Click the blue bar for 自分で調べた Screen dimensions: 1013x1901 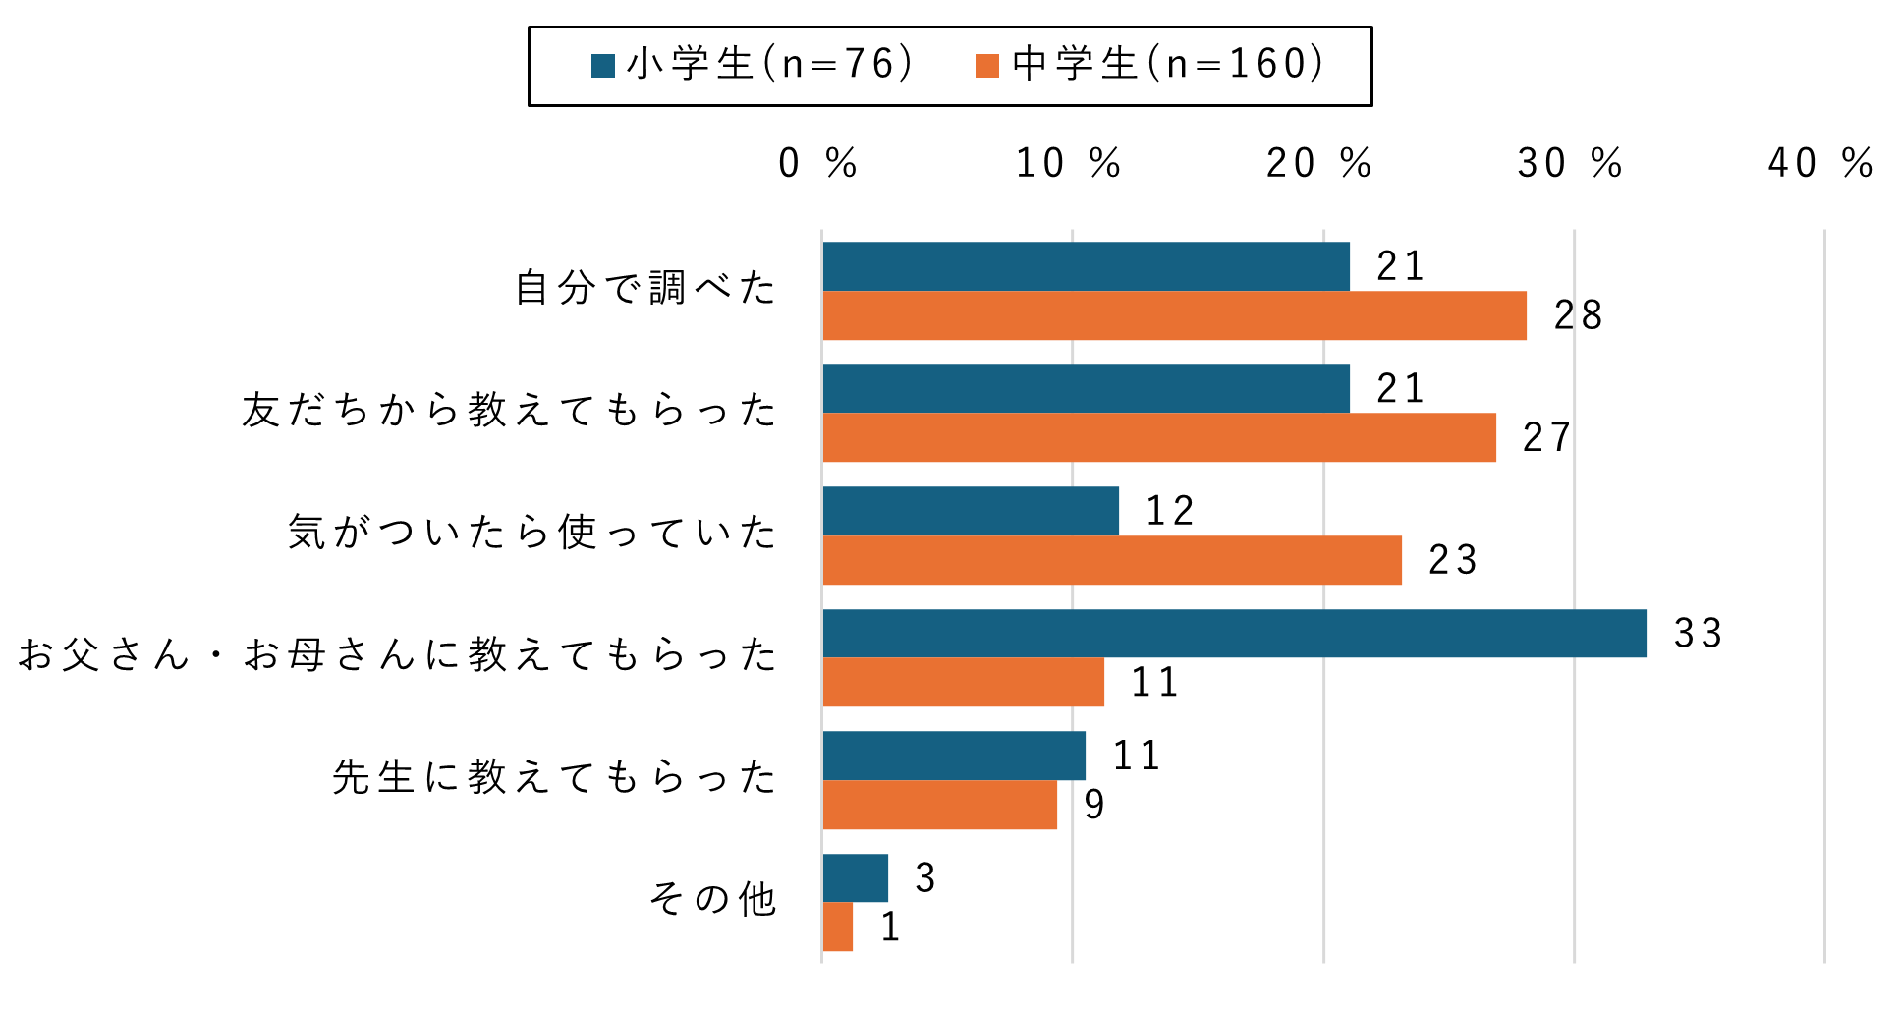point(1086,266)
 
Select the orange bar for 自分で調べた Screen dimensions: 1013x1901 point(1174,315)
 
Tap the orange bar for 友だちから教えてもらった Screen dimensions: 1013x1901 point(1159,437)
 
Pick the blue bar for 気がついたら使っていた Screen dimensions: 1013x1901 point(971,511)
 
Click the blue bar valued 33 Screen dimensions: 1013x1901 point(1234,634)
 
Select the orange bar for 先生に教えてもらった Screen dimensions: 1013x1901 point(939,805)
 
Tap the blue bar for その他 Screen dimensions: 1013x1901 point(855,877)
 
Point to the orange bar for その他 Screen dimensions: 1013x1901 point(837,927)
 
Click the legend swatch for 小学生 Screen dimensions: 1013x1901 point(602,66)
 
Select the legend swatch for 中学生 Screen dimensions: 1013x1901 point(987,66)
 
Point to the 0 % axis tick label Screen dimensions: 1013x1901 point(817,164)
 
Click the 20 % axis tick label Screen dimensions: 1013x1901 point(1318,164)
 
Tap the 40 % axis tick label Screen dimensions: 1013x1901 point(1820,164)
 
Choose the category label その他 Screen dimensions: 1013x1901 point(713,899)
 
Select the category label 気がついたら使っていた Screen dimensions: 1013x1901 point(531,533)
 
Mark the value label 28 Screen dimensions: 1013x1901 point(1578,315)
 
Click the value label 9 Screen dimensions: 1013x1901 point(1094,805)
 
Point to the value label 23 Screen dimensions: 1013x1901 point(1452,560)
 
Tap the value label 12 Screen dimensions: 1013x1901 point(1169,511)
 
